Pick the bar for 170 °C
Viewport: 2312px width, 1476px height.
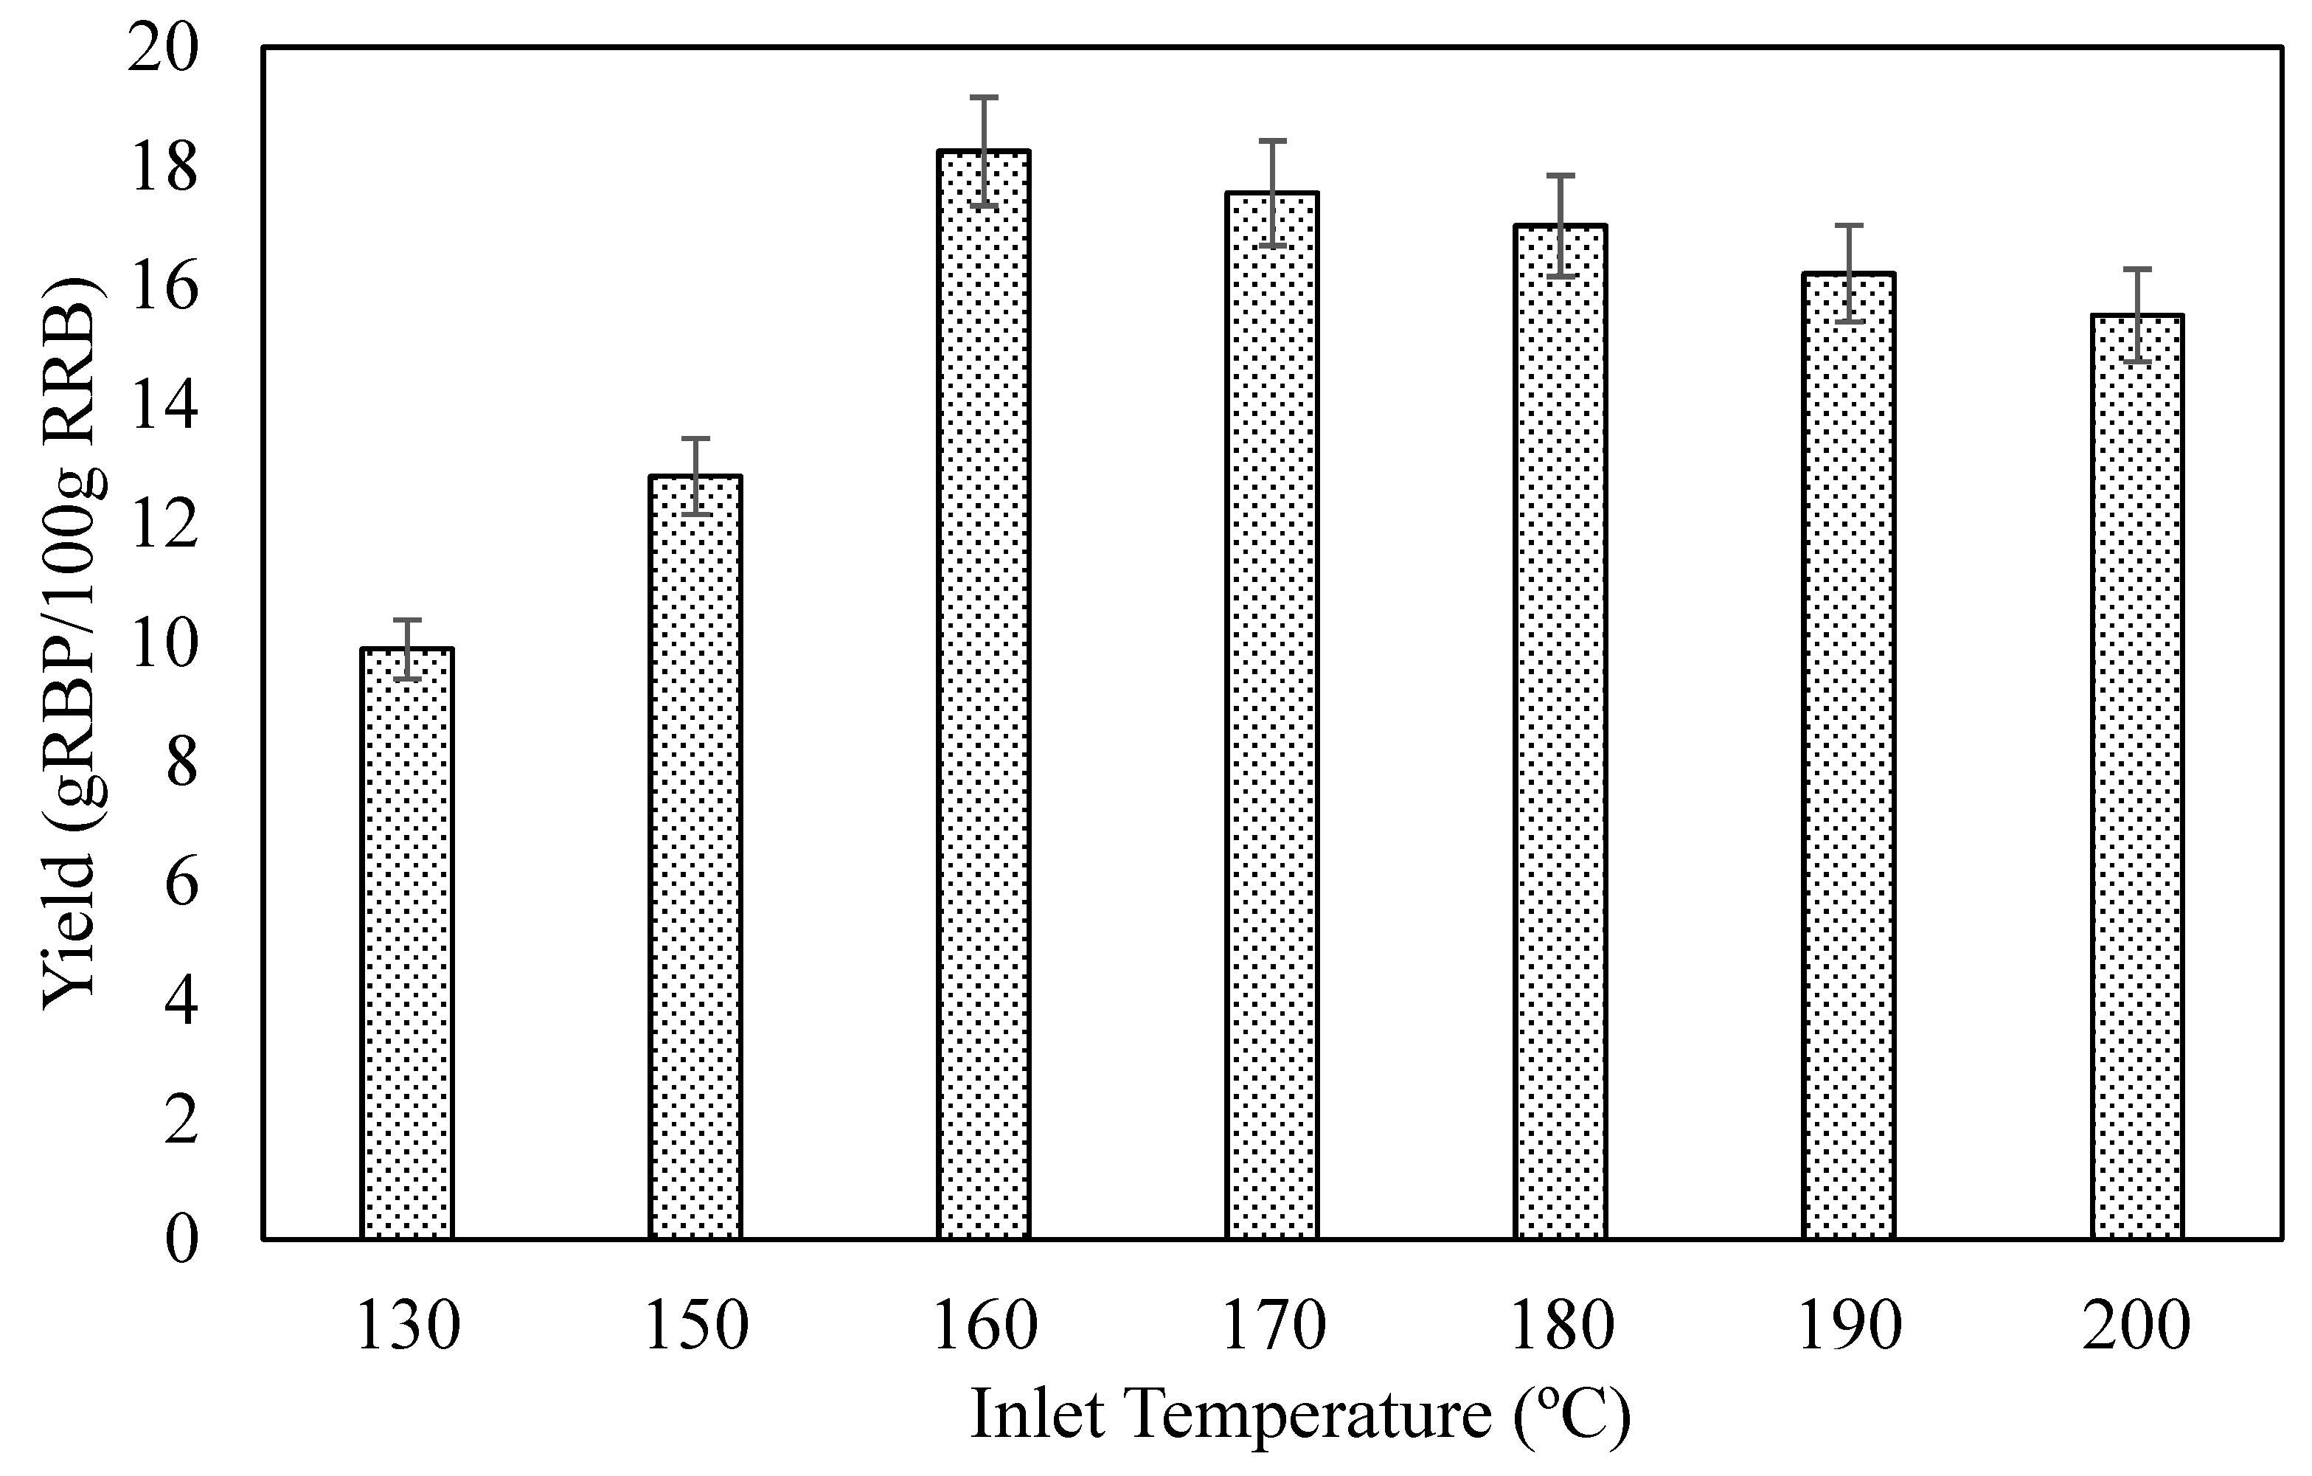(1272, 715)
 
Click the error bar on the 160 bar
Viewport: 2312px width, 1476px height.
(984, 150)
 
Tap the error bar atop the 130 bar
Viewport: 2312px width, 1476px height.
(407, 649)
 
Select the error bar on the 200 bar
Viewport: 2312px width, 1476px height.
(2137, 315)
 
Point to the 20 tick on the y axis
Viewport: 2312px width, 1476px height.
(163, 48)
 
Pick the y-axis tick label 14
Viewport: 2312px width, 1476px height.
(163, 405)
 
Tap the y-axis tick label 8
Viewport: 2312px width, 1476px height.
(181, 763)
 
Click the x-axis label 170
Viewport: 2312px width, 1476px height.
(1273, 1326)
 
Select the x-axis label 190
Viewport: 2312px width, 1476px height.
(1849, 1326)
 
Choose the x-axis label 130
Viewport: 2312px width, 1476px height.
(408, 1326)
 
